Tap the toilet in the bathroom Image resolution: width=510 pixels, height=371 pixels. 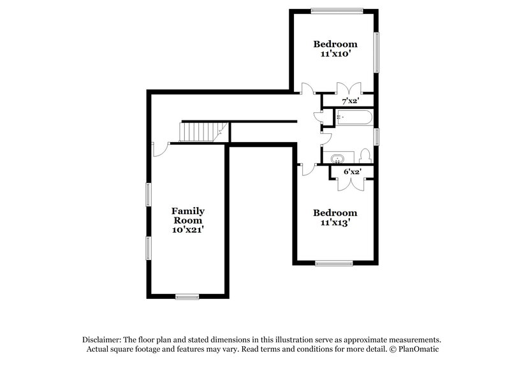[365, 156]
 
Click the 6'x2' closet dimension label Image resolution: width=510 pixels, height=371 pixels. [351, 171]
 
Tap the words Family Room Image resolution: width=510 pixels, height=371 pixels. [187, 215]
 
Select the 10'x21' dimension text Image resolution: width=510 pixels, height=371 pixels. [187, 229]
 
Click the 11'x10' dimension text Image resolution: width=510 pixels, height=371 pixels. [335, 55]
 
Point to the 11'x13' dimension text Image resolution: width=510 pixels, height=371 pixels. [335, 223]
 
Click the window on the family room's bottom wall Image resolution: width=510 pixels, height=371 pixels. [187, 296]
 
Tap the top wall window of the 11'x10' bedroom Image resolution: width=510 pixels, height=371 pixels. [337, 10]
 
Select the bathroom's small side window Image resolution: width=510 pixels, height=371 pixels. [377, 137]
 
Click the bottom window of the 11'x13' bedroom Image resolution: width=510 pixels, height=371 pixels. [334, 263]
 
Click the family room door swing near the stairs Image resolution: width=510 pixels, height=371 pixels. [159, 149]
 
